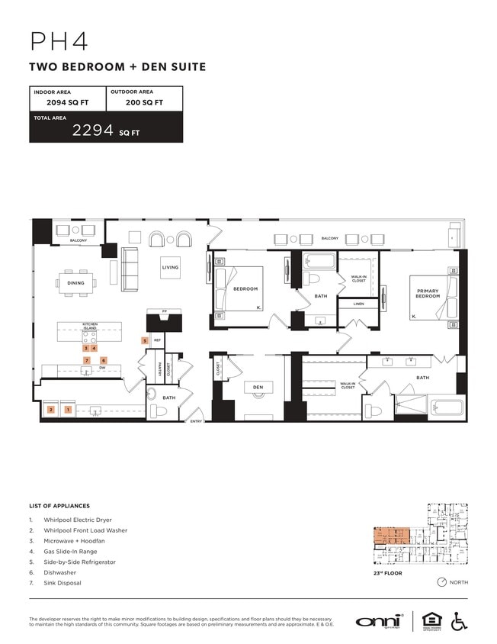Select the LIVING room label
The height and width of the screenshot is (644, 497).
coord(169,268)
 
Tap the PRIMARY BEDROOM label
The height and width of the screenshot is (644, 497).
coord(427,293)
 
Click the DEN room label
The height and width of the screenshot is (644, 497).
coord(258,388)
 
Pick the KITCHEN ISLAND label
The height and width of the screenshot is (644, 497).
coord(90,326)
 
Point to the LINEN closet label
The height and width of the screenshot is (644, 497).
coord(358,304)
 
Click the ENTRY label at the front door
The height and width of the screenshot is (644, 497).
coord(196,421)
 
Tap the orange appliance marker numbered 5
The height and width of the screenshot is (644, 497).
coord(144,340)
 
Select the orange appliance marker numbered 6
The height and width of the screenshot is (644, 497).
coord(104,359)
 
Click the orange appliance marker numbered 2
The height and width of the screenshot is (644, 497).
coord(50,410)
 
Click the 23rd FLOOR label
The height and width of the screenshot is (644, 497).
coord(387,573)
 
